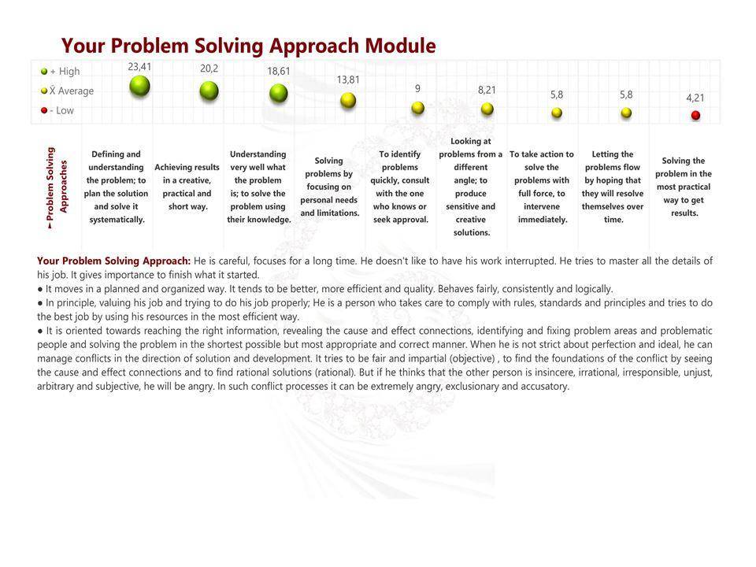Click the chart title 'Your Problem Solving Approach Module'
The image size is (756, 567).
pyautogui.click(x=248, y=46)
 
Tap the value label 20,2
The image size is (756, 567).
pyautogui.click(x=209, y=69)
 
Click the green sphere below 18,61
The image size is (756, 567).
pyautogui.click(x=278, y=93)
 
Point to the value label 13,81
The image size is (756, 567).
pyautogui.click(x=348, y=80)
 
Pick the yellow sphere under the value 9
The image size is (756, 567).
pyautogui.click(x=417, y=108)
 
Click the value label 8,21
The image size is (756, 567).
pyautogui.click(x=487, y=91)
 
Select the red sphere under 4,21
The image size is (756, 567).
pyautogui.click(x=695, y=115)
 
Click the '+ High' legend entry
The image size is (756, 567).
pyautogui.click(x=61, y=72)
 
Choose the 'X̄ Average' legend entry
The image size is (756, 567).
pyautogui.click(x=68, y=91)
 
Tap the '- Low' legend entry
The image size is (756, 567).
pyautogui.click(x=58, y=110)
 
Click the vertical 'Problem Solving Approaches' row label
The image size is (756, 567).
pyautogui.click(x=57, y=187)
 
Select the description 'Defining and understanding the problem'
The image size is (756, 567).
pyautogui.click(x=117, y=187)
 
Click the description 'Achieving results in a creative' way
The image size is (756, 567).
pyautogui.click(x=187, y=187)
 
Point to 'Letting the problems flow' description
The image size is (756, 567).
pyautogui.click(x=613, y=187)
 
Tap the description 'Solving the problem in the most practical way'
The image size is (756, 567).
pyautogui.click(x=684, y=187)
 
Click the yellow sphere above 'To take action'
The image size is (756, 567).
pyautogui.click(x=557, y=113)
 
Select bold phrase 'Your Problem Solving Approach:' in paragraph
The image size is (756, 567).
pyautogui.click(x=113, y=261)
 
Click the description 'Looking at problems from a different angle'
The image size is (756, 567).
pyautogui.click(x=471, y=187)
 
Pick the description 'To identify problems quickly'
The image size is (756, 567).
pyautogui.click(x=400, y=187)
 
